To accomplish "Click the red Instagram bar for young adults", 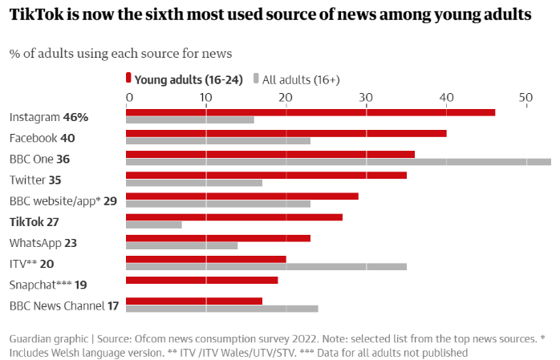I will pos(310,112).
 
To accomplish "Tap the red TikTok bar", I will pos(234,216).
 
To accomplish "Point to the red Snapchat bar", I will pos(202,280).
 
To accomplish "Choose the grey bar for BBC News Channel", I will pos(222,308).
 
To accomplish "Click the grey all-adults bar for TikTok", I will pos(154,224).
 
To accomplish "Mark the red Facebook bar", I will pos(286,133).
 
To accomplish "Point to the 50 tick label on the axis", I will pos(526,97).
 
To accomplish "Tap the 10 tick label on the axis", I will pos(206,97).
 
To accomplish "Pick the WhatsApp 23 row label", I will pos(43,242).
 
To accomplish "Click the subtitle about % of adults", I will pos(120,54).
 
